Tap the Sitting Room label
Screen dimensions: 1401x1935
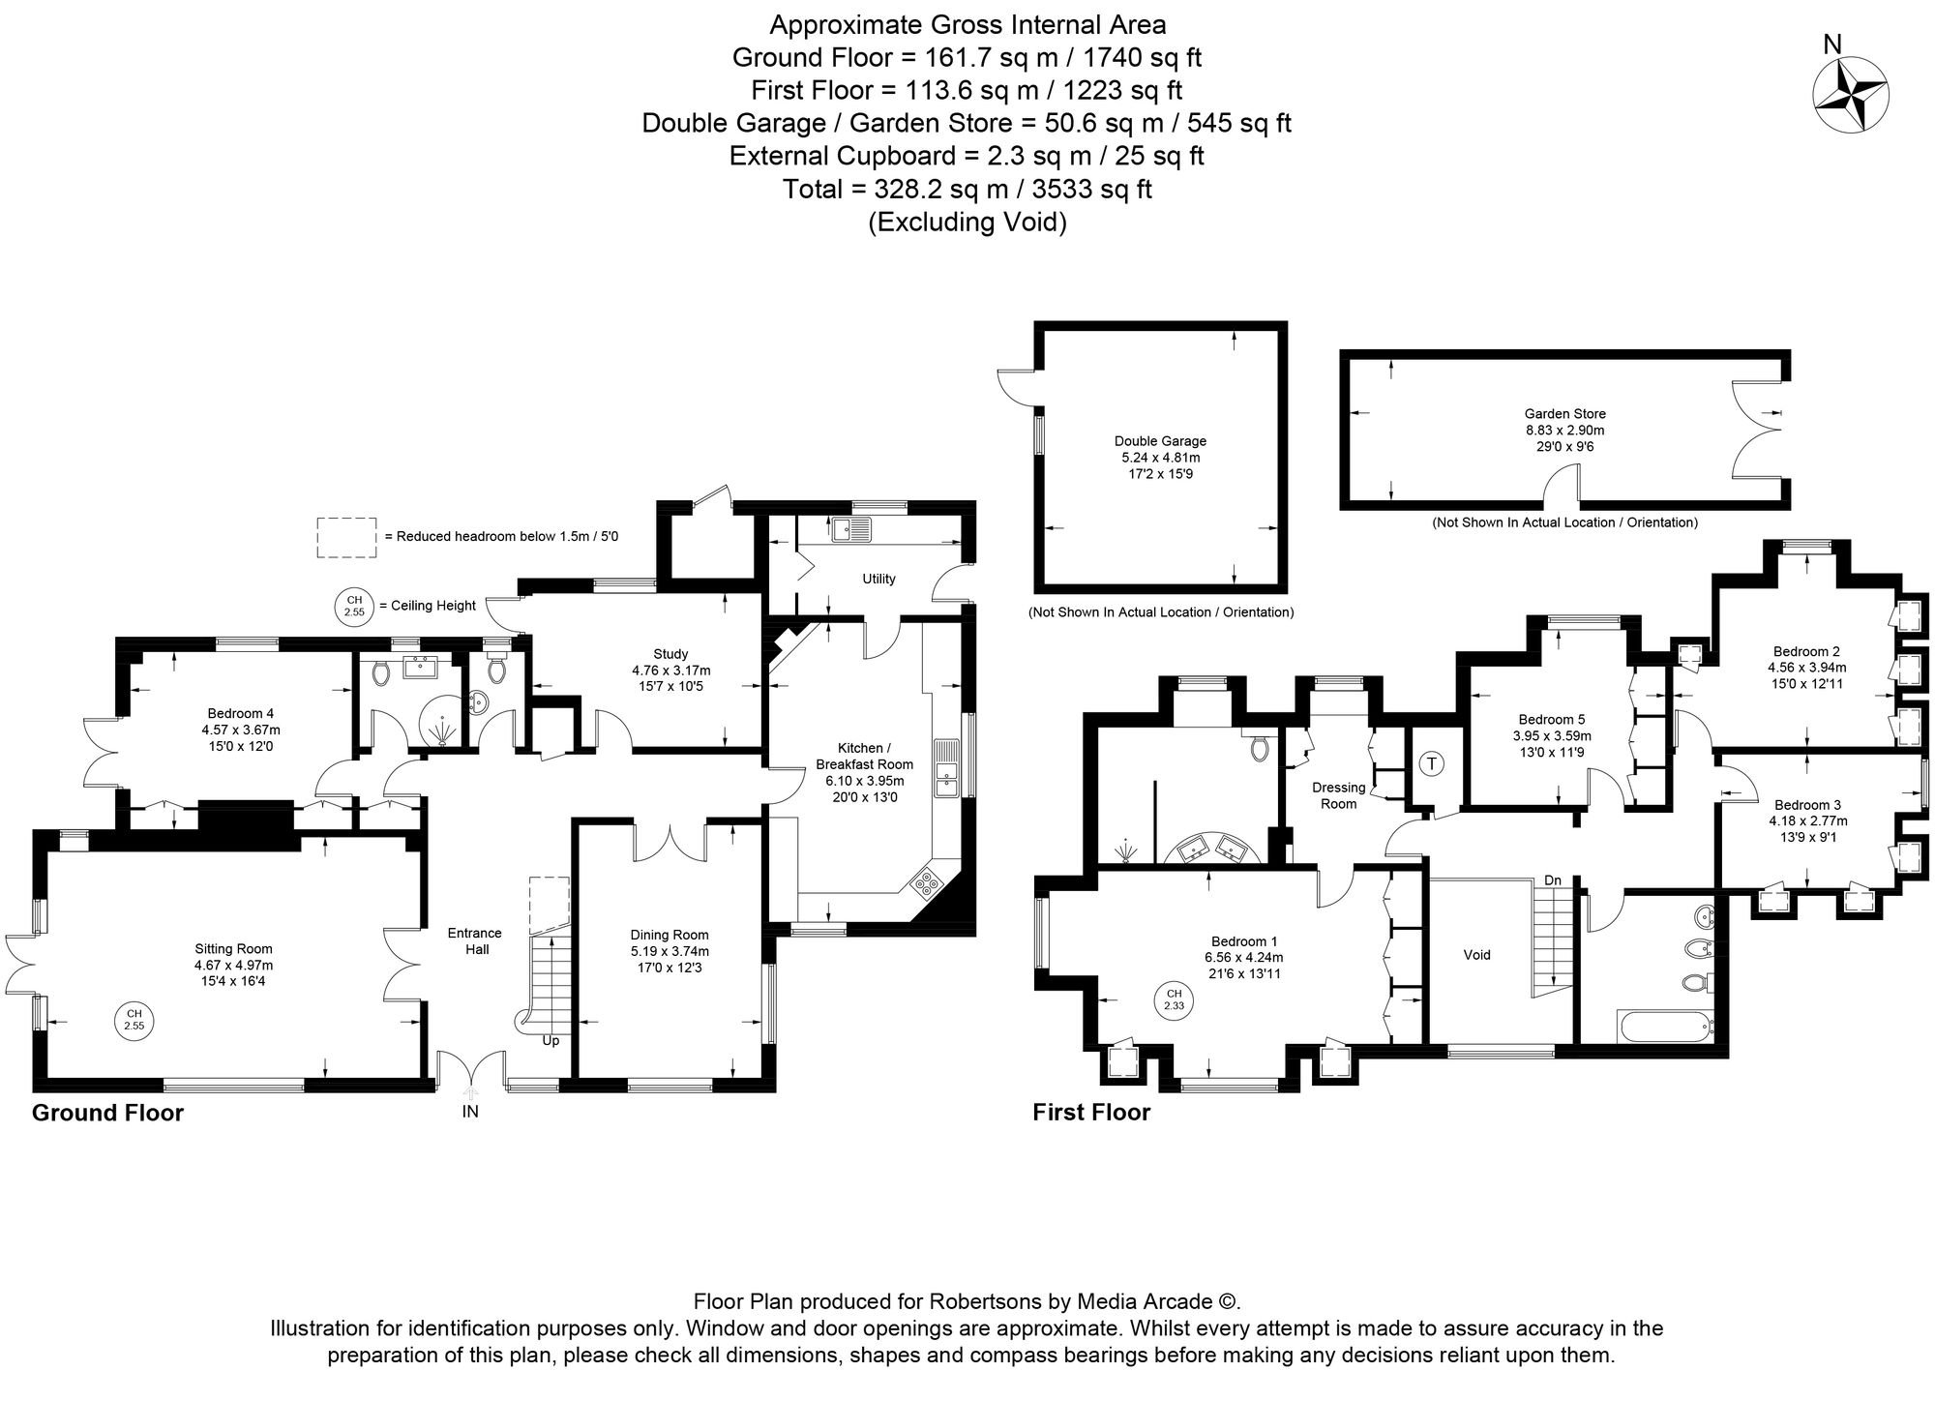tap(233, 948)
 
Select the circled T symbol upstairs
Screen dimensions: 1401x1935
tap(1433, 763)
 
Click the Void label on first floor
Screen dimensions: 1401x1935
tap(1476, 955)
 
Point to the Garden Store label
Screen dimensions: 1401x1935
tap(1564, 414)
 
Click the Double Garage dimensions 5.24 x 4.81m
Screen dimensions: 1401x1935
tap(1160, 458)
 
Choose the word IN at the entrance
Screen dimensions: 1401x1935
tap(470, 1112)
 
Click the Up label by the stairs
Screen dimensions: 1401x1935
tap(550, 1041)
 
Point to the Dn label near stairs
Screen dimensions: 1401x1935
tap(1552, 880)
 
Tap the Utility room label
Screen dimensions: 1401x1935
tap(878, 579)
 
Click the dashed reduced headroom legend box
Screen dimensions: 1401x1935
tap(345, 537)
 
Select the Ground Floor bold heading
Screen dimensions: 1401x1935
tap(107, 1113)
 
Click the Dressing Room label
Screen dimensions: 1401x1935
tap(1339, 795)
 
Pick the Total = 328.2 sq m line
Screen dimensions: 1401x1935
tap(967, 189)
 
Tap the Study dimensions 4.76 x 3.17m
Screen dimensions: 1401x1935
tap(670, 670)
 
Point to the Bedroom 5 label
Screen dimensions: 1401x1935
tap(1551, 719)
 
